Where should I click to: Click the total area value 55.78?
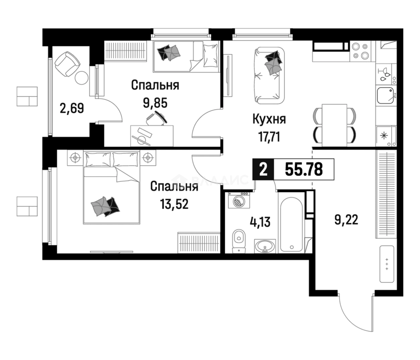[303, 169]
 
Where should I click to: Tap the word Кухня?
[269, 119]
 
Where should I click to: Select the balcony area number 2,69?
[71, 109]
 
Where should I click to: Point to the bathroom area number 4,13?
[260, 222]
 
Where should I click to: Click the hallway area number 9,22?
[346, 220]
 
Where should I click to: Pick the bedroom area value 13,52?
[174, 204]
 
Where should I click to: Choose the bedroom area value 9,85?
[155, 103]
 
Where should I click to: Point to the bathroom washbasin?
[265, 246]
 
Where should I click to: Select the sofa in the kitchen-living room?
[270, 75]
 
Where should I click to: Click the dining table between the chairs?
[334, 125]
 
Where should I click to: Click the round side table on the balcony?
[81, 78]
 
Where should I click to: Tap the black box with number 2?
[263, 169]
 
